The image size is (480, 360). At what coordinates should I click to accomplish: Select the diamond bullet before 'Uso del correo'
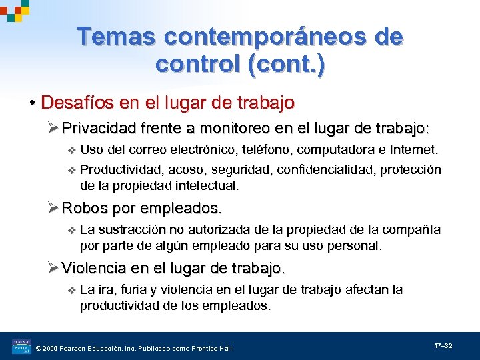pyautogui.click(x=72, y=150)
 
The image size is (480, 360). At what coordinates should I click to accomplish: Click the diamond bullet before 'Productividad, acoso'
pyautogui.click(x=72, y=171)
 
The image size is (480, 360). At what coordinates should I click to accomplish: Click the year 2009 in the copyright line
pyautogui.click(x=53, y=348)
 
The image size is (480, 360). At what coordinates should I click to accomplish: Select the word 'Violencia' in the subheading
pyautogui.click(x=94, y=269)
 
